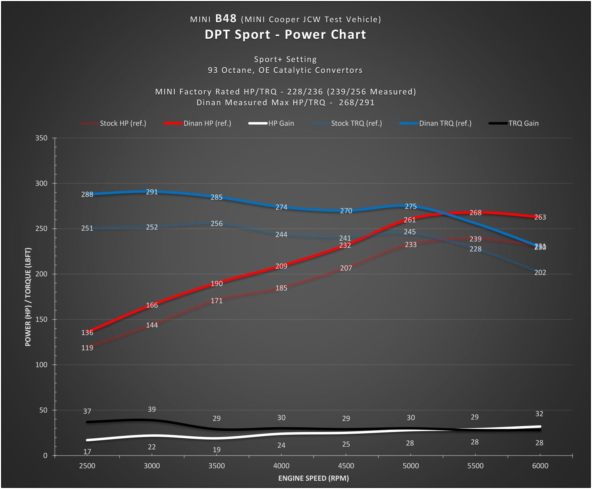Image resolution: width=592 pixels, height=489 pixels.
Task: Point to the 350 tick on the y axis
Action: coord(41,138)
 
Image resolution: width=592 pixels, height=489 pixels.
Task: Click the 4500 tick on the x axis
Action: coord(346,466)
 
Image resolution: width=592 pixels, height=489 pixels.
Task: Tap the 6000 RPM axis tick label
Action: coord(540,466)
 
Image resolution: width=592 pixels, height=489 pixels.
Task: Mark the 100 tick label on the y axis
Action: coord(41,365)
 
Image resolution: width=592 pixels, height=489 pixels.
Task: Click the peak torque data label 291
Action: coord(152,192)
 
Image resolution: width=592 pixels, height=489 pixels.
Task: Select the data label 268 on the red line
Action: coord(475,213)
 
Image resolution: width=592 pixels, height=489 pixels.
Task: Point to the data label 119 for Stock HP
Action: coord(87,348)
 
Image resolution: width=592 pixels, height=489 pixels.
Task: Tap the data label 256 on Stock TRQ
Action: coord(217,223)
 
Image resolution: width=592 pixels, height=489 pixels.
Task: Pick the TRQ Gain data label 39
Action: coord(152,409)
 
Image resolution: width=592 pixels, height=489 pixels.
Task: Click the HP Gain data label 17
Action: coord(87,452)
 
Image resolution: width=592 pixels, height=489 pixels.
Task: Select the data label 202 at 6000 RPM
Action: coord(540,272)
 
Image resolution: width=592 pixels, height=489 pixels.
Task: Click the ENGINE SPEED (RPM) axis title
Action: coord(313,478)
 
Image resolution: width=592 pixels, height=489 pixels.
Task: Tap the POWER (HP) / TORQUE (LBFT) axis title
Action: coord(28,297)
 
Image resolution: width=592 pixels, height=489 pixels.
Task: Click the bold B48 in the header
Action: coord(226,19)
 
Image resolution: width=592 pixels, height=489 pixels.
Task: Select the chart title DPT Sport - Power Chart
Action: coord(285,35)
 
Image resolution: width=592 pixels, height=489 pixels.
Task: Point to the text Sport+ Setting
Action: coord(285,60)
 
